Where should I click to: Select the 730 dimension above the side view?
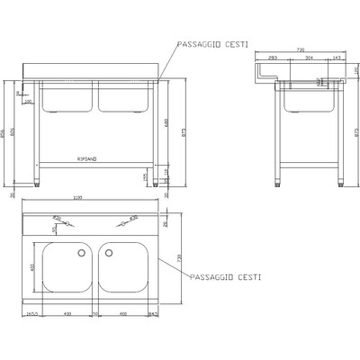301,51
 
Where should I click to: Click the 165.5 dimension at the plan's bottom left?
31,313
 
